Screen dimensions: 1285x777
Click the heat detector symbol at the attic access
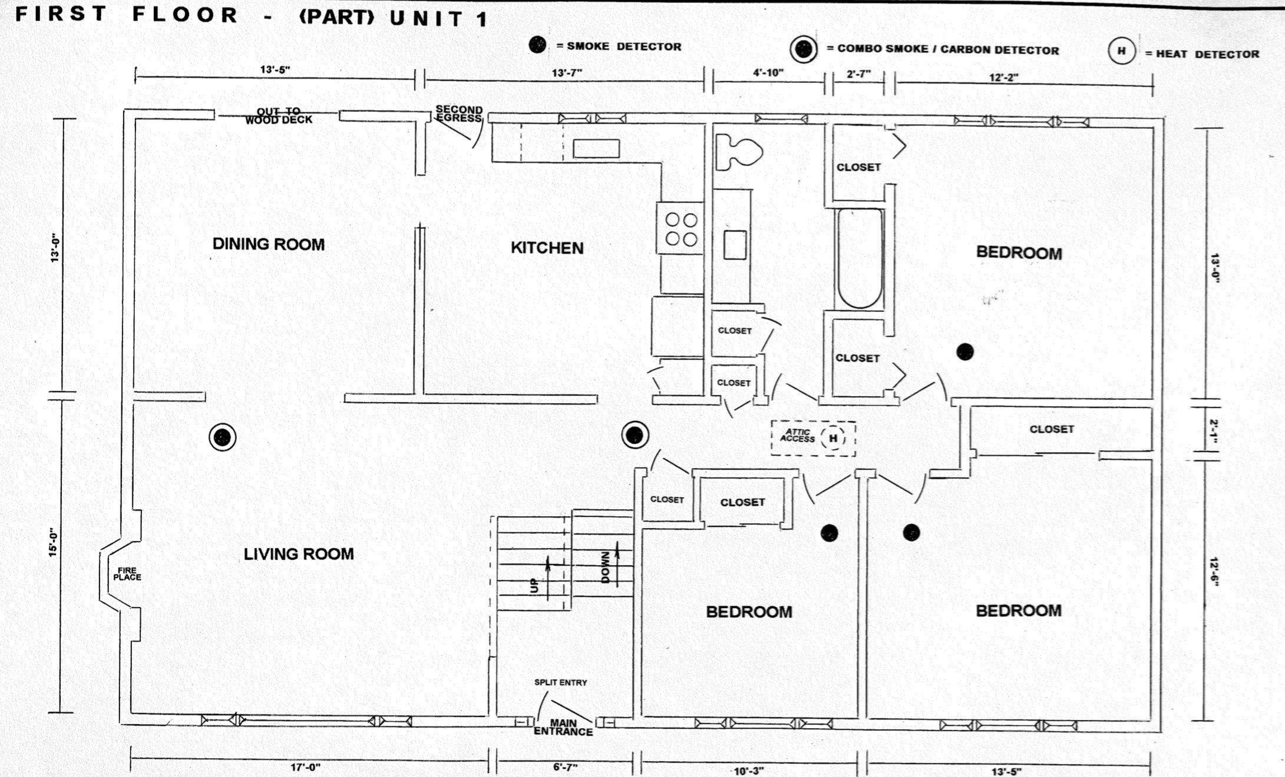click(x=833, y=438)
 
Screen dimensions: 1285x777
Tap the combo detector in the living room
click(x=222, y=437)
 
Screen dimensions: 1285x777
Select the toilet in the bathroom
click(x=739, y=152)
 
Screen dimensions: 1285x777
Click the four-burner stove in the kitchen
click(x=681, y=228)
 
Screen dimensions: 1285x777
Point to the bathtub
click(x=860, y=258)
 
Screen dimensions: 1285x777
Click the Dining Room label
click(x=269, y=244)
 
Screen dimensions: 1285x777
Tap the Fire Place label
click(x=127, y=573)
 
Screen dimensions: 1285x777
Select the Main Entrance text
click(x=563, y=727)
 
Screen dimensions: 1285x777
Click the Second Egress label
click(x=459, y=114)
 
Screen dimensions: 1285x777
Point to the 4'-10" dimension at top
click(x=768, y=73)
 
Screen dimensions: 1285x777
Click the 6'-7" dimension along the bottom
click(x=565, y=767)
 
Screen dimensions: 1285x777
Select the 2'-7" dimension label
click(x=858, y=75)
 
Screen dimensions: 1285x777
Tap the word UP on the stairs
click(x=534, y=585)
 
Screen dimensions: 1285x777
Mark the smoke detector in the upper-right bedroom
click(x=964, y=352)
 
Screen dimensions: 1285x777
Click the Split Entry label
click(x=560, y=682)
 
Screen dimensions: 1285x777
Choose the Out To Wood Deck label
click(x=279, y=115)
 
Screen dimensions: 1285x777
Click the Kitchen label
click(x=547, y=248)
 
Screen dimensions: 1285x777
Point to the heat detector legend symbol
click(x=1121, y=51)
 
